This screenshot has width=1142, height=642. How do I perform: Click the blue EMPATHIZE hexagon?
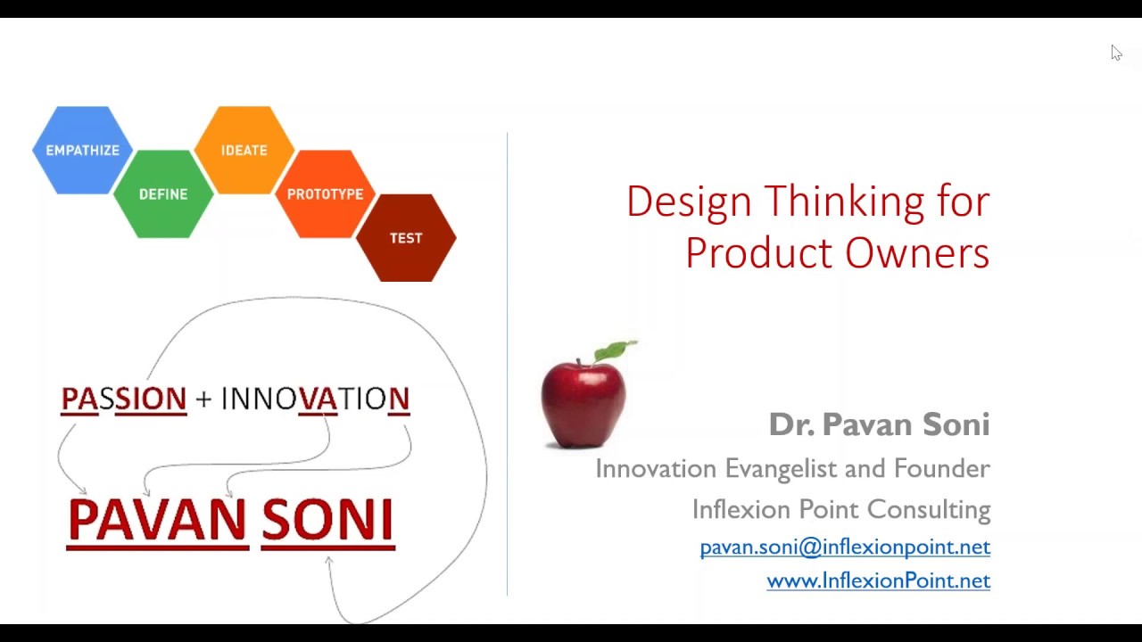pos(82,150)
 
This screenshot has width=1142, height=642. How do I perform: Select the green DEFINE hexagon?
pos(163,193)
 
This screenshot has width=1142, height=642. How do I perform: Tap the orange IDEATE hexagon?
pos(244,150)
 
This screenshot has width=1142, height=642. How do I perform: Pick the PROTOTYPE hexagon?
pos(325,193)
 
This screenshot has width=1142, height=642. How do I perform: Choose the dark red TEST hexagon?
pos(406,237)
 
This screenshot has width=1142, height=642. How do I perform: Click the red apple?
pos(583,401)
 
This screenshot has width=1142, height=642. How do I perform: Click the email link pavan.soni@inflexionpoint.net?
pos(845,547)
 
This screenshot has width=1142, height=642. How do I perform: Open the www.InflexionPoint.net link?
pos(878,580)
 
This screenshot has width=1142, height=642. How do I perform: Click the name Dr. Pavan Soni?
pos(879,424)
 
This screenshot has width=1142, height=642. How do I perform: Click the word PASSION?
pos(124,399)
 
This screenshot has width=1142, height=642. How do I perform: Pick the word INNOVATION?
pos(315,399)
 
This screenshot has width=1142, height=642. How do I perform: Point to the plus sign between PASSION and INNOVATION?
pos(203,399)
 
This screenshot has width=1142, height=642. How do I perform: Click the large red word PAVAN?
pos(157,520)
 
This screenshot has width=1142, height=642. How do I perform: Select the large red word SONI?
pos(327,520)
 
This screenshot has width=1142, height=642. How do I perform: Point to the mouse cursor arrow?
pos(1116,53)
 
